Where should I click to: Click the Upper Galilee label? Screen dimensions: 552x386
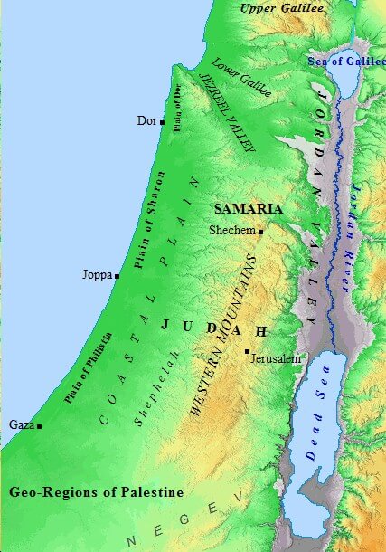click(x=281, y=8)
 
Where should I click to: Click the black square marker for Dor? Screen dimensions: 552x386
click(x=162, y=120)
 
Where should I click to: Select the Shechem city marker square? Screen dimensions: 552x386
click(x=260, y=232)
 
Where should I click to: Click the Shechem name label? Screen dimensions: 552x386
click(x=232, y=231)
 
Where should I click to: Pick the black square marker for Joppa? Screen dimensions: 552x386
click(x=118, y=276)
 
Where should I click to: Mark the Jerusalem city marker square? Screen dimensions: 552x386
click(x=247, y=351)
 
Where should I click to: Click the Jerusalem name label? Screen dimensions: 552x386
click(x=275, y=359)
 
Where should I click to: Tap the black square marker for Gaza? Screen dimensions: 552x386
click(x=40, y=425)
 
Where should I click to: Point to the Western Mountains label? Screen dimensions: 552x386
click(x=222, y=336)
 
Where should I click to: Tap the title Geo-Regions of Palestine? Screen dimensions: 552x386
click(x=96, y=493)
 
